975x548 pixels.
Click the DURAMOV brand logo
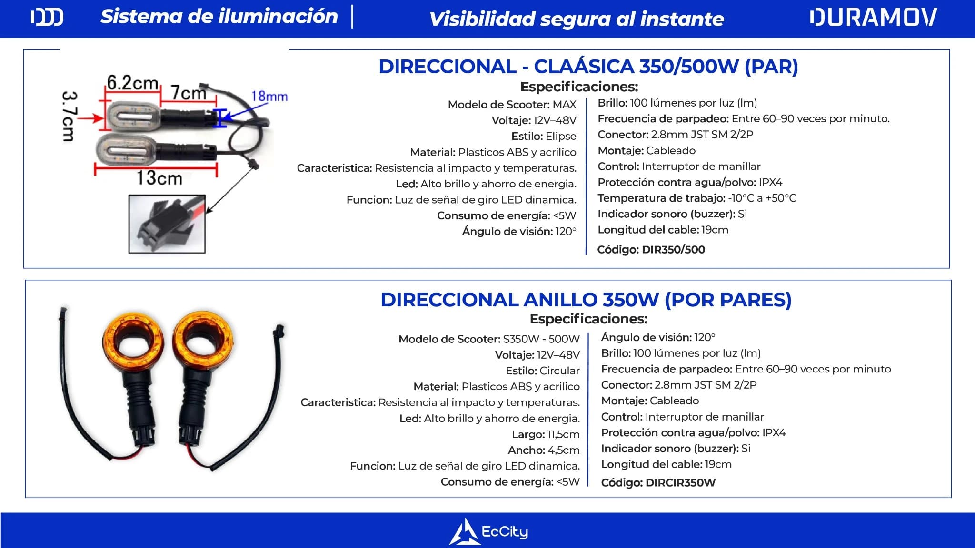(873, 18)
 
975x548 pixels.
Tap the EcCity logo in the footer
(489, 531)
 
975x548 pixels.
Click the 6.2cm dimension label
(132, 83)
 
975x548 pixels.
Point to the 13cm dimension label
(159, 178)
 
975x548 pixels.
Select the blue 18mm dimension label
(269, 97)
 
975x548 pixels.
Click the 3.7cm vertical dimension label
(68, 116)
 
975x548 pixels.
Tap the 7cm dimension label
(188, 92)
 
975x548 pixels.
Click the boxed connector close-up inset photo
(167, 224)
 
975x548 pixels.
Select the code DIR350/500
(673, 250)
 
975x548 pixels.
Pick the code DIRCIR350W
(680, 483)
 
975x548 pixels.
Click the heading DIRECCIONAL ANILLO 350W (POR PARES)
(586, 300)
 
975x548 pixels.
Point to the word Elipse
(560, 137)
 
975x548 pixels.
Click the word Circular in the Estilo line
(559, 371)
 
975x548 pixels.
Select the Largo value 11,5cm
(563, 434)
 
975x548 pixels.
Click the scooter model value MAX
(564, 105)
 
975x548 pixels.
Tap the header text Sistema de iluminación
(219, 17)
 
